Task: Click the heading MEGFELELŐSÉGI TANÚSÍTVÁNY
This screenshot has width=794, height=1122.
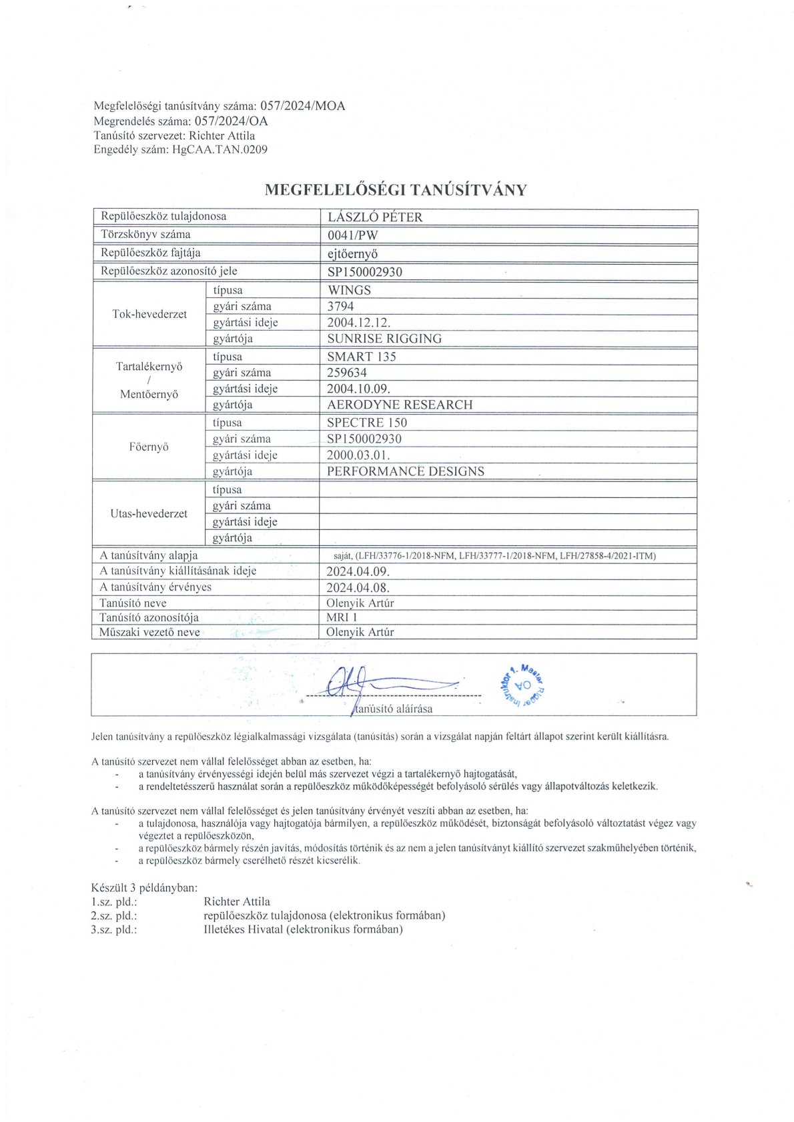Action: pyautogui.click(x=396, y=190)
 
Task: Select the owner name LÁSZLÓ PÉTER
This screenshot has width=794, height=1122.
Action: pyautogui.click(x=374, y=217)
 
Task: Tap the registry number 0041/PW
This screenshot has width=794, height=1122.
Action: pyautogui.click(x=353, y=235)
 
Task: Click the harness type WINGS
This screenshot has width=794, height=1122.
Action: pyautogui.click(x=349, y=290)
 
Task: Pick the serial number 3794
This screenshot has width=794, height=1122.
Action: pyautogui.click(x=340, y=307)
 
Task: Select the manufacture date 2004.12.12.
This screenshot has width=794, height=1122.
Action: pyautogui.click(x=358, y=323)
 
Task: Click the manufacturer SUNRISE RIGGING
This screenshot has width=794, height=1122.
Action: pyautogui.click(x=384, y=339)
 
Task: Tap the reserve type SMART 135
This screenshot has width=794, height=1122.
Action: pyautogui.click(x=361, y=357)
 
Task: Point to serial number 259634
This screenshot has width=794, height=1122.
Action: pyautogui.click(x=347, y=373)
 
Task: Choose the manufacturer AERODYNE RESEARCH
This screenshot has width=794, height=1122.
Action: pyautogui.click(x=400, y=405)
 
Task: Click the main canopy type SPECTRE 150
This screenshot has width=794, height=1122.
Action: pyautogui.click(x=366, y=423)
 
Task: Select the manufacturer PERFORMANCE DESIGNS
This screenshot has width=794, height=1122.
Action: pyautogui.click(x=406, y=471)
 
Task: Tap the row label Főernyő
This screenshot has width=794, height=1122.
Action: pyautogui.click(x=149, y=447)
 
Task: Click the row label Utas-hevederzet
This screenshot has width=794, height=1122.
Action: pyautogui.click(x=149, y=514)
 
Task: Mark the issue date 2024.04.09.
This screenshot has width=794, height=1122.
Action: pyautogui.click(x=358, y=571)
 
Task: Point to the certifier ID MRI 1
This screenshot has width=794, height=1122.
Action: pyautogui.click(x=342, y=617)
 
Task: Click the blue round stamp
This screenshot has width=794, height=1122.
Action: pyautogui.click(x=522, y=685)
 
